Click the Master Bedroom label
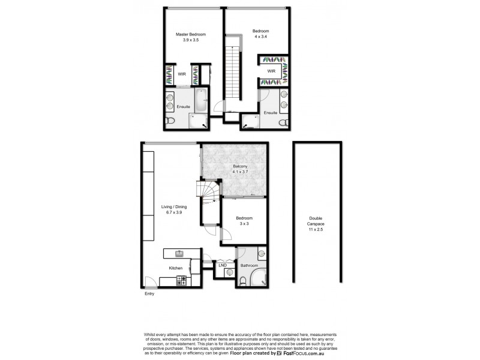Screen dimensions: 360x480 tap(187, 34)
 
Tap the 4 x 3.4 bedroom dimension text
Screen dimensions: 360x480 tap(260, 37)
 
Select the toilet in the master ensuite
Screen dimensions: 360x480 tap(171, 122)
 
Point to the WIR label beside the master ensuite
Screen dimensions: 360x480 tap(182, 74)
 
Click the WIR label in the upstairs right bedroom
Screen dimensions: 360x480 tap(271, 71)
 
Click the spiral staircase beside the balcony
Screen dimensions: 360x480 tap(209, 192)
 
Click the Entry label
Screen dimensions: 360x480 tap(149, 294)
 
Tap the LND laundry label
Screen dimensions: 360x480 tap(222, 265)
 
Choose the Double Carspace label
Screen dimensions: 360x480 tap(315, 221)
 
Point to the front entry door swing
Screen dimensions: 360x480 tap(151, 282)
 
